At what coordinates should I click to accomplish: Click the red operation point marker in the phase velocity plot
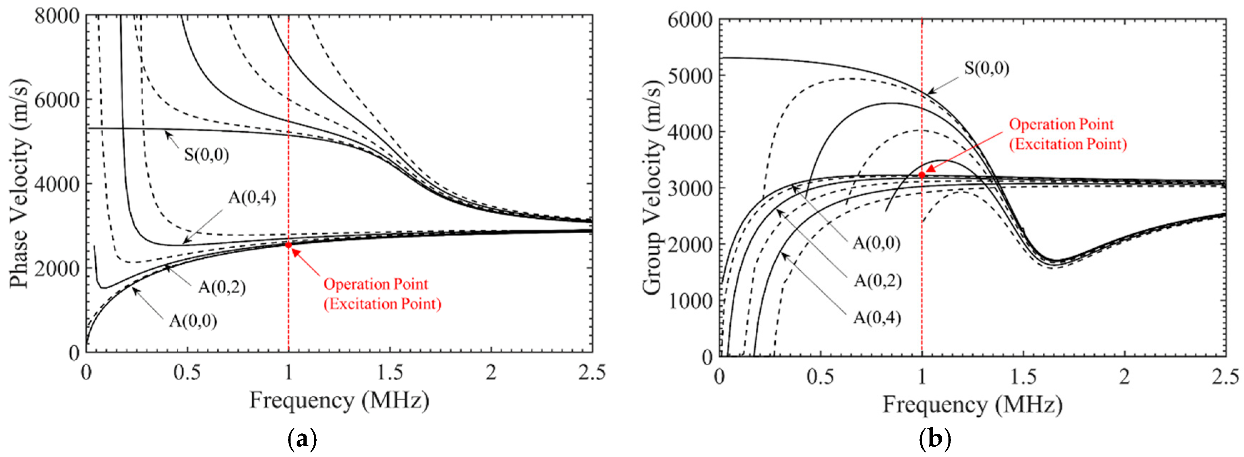click(288, 245)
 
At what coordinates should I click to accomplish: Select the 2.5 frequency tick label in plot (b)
click(1225, 376)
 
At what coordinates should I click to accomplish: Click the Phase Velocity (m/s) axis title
click(19, 183)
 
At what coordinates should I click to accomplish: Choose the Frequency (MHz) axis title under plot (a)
click(339, 401)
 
